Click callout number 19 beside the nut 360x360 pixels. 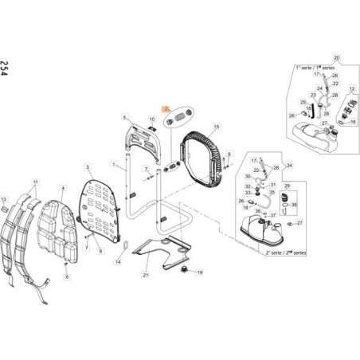pos(200,272)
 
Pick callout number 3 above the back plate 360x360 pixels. pos(86,167)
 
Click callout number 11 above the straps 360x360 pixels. pos(34,182)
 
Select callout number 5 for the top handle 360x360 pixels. pos(125,116)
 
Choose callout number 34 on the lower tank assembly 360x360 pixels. pos(289,165)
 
